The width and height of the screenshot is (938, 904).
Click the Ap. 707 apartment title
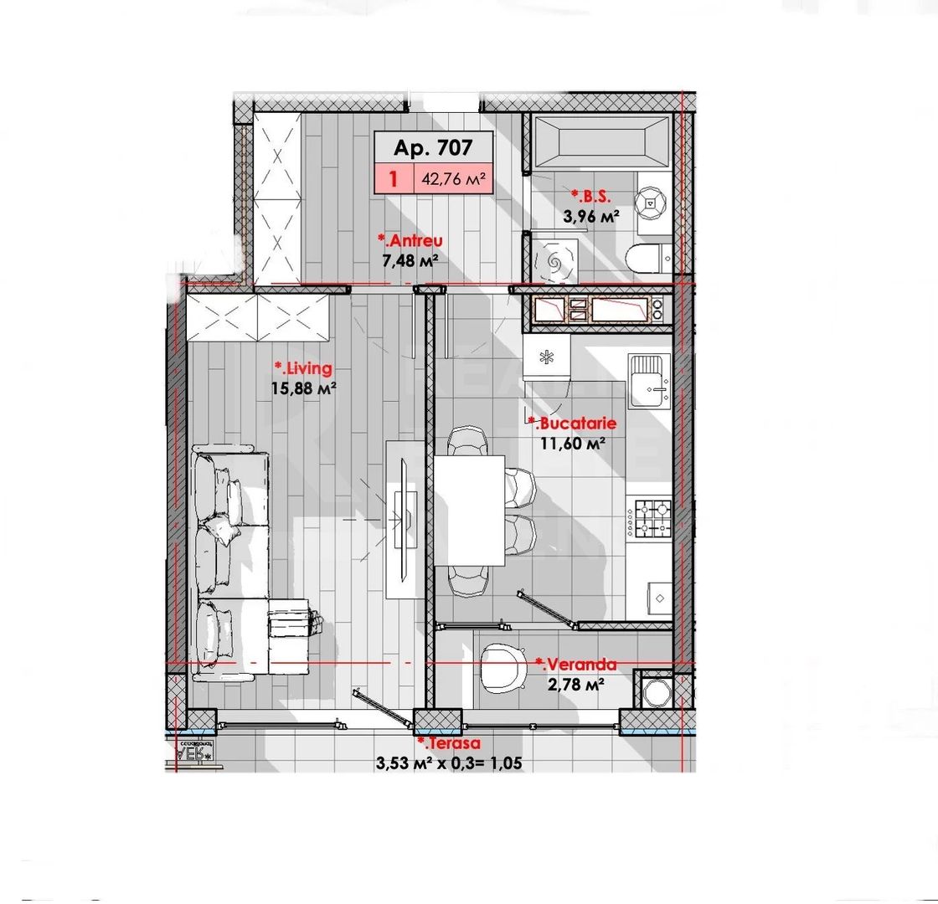pyautogui.click(x=433, y=148)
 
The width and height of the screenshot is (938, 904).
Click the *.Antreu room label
pyautogui.click(x=410, y=241)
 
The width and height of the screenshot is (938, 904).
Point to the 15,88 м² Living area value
pyautogui.click(x=304, y=388)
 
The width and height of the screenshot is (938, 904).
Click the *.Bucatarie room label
pyautogui.click(x=571, y=424)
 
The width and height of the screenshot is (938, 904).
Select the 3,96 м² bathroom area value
pyautogui.click(x=590, y=216)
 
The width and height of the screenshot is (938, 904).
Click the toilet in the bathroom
pyautogui.click(x=647, y=259)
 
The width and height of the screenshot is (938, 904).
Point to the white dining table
pyautogui.click(x=469, y=511)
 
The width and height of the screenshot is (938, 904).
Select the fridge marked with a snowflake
pyautogui.click(x=546, y=358)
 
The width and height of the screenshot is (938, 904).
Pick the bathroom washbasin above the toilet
pyautogui.click(x=651, y=201)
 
